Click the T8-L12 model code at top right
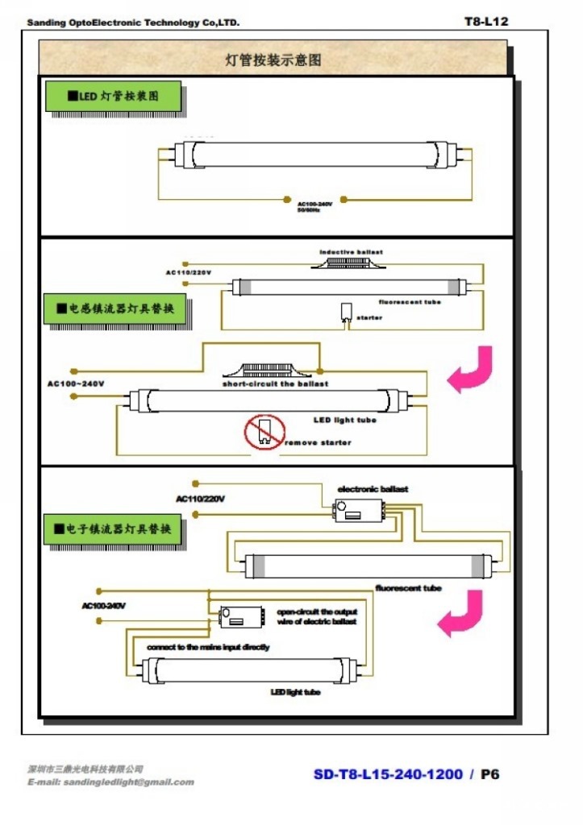(485, 21)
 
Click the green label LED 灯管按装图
(113, 97)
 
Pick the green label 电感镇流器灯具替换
(115, 309)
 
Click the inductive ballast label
(351, 252)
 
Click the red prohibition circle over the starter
(264, 433)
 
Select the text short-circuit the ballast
(276, 384)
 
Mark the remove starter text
(319, 443)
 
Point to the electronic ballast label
(373, 489)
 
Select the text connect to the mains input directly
(208, 647)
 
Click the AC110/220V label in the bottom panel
(201, 499)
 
